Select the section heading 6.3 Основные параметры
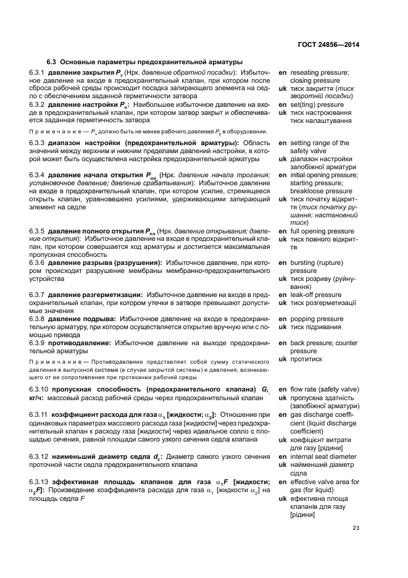[x=145, y=62]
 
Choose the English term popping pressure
[x=317, y=319]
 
